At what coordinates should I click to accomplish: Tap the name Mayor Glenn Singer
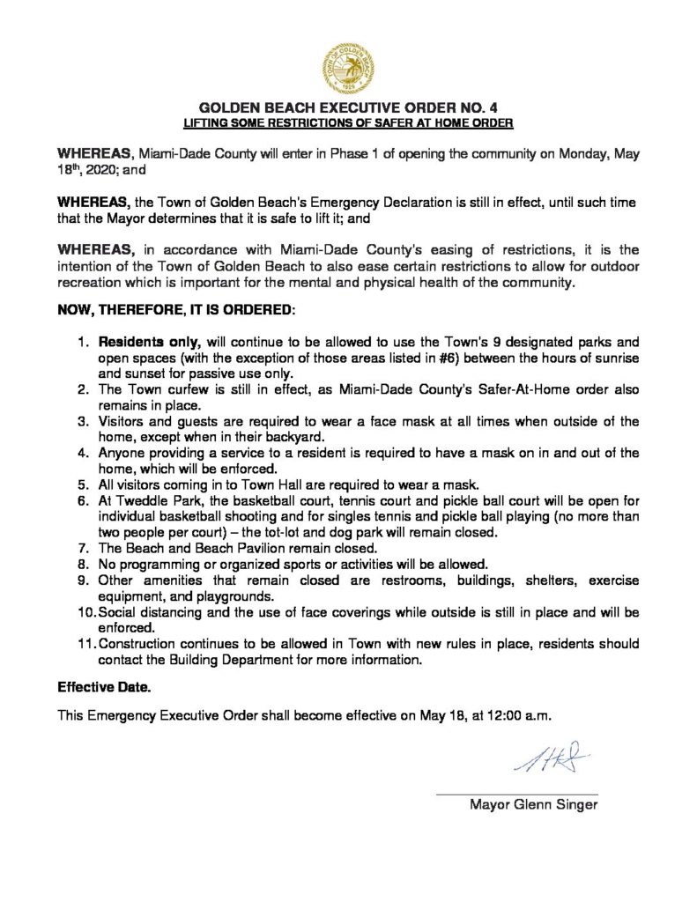click(533, 804)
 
